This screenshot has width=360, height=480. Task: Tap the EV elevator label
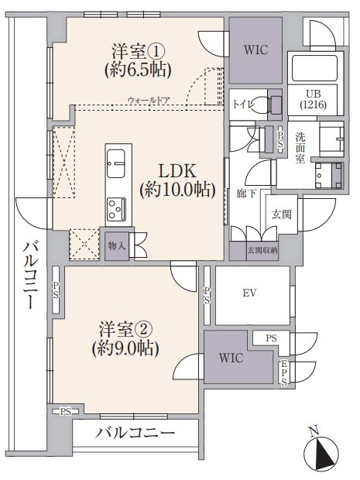point(249,293)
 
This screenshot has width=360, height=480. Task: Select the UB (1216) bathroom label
point(314,99)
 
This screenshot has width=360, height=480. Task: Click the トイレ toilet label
point(244,105)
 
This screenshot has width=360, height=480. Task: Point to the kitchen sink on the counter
point(115,163)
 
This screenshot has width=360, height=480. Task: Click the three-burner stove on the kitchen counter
point(116,210)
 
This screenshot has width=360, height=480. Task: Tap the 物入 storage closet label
point(117,245)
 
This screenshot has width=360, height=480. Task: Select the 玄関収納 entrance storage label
point(262,250)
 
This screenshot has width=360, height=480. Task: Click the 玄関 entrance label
point(281,214)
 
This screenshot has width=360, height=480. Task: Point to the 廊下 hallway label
point(246,194)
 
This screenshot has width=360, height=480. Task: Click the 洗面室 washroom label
point(300,148)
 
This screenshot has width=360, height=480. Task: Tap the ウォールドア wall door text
point(149,100)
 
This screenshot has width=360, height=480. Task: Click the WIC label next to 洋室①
point(256,50)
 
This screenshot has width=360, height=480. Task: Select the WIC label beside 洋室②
point(231,358)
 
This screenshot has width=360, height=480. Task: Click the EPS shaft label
point(284,372)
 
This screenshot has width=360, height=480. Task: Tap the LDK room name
point(177,171)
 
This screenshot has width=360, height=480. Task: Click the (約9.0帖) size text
point(125,348)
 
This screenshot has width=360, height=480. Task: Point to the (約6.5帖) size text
point(138,70)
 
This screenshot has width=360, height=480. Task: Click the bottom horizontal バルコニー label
point(135,433)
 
